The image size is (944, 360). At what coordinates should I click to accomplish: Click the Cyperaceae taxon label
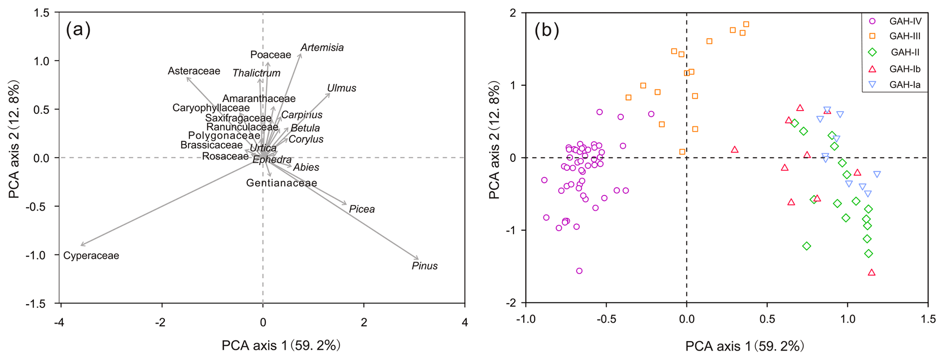pyautogui.click(x=91, y=256)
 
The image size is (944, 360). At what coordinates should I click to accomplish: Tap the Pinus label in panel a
pyautogui.click(x=424, y=266)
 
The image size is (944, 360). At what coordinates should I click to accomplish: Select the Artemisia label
pyautogui.click(x=322, y=48)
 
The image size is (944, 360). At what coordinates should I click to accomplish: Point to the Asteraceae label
pyautogui.click(x=194, y=71)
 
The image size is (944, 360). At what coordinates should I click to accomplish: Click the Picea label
pyautogui.click(x=362, y=209)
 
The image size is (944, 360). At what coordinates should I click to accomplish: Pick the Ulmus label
pyautogui.click(x=342, y=88)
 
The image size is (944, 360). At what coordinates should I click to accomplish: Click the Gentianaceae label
pyautogui.click(x=281, y=183)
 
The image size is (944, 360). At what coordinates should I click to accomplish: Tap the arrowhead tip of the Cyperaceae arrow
pyautogui.click(x=81, y=245)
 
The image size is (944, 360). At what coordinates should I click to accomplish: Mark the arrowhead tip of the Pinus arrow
pyautogui.click(x=418, y=259)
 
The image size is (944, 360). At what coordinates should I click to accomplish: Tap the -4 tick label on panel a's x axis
pyautogui.click(x=59, y=323)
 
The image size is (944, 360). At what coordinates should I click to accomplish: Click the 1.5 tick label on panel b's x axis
pyautogui.click(x=928, y=319)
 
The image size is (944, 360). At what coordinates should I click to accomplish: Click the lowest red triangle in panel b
pyautogui.click(x=871, y=273)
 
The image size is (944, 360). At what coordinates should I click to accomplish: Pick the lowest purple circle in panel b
pyautogui.click(x=579, y=271)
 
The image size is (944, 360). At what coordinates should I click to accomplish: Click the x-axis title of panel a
pyautogui.click(x=281, y=345)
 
